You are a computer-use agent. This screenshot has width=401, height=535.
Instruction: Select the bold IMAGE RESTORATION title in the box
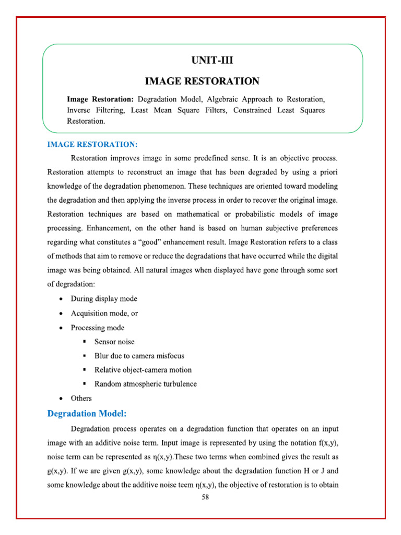(x=202, y=81)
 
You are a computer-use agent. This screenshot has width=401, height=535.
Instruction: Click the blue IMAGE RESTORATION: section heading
(x=92, y=144)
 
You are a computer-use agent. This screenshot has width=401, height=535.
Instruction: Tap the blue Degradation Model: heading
(x=87, y=414)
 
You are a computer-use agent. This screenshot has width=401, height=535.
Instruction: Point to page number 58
(x=205, y=497)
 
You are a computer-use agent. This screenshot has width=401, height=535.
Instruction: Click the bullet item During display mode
(x=104, y=299)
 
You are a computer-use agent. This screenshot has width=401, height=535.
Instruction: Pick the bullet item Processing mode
(x=98, y=328)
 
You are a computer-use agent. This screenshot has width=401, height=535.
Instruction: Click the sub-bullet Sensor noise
(x=114, y=342)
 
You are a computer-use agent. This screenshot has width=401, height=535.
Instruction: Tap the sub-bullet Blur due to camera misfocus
(x=139, y=356)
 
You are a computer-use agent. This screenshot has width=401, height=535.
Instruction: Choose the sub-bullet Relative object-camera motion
(x=143, y=370)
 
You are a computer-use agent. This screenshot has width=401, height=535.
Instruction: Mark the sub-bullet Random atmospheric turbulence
(x=145, y=384)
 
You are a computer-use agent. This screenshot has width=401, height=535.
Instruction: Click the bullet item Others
(x=81, y=398)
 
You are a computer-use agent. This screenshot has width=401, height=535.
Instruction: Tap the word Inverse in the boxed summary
(x=78, y=110)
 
